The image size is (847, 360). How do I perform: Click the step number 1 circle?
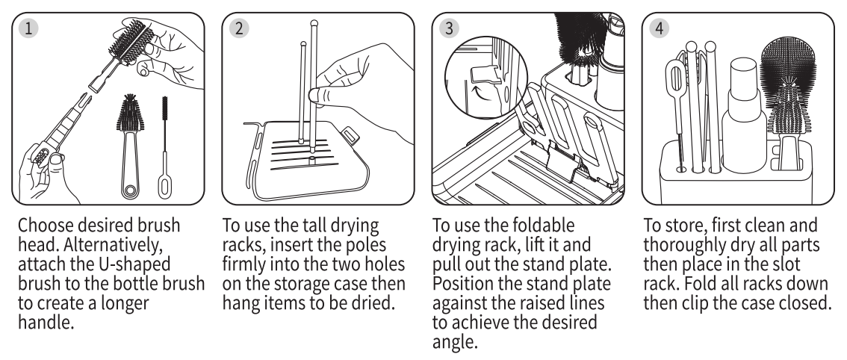28,28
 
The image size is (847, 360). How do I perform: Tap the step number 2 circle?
239,28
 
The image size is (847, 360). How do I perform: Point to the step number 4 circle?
659,28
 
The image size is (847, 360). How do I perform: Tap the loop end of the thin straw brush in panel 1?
165,184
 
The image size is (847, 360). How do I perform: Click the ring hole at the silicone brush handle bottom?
130,190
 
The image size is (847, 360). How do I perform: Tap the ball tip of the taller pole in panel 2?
314,24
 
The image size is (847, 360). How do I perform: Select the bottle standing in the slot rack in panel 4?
744,116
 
